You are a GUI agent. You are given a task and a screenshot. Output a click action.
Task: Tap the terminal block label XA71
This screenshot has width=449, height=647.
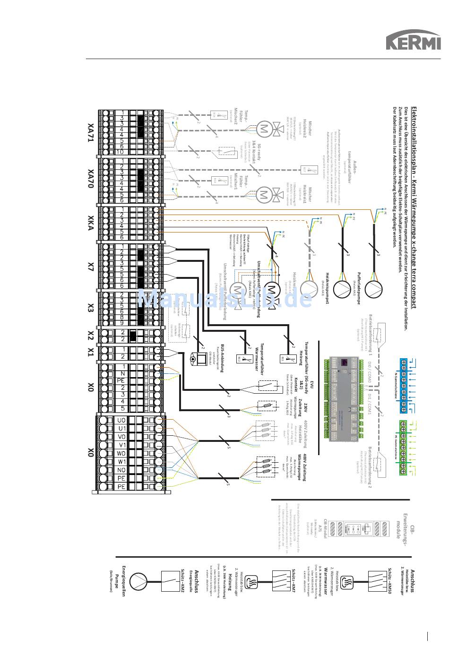point(91,132)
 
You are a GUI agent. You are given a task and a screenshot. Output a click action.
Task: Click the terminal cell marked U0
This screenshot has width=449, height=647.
point(121,420)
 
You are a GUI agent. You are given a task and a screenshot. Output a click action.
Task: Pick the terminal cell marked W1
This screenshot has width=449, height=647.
point(121,461)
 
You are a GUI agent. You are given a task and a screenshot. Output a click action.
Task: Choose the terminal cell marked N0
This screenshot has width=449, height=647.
point(121,470)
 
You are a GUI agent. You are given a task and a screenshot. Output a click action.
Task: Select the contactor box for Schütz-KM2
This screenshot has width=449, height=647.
point(169,580)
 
